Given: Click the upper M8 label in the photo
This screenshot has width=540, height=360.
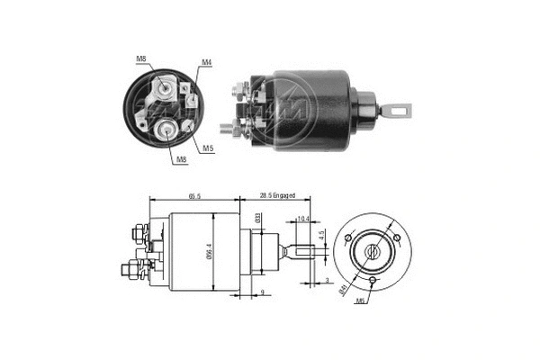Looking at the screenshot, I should [141, 59].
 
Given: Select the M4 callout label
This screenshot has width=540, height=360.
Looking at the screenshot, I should [206, 62].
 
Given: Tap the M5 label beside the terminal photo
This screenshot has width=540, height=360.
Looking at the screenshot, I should [207, 147].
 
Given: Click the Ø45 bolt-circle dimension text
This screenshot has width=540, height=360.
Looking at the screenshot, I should [343, 288].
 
